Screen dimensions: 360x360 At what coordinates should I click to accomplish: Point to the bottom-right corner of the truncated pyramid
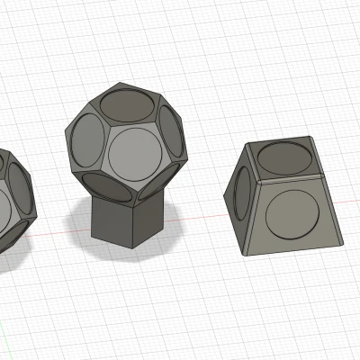coord(343,242)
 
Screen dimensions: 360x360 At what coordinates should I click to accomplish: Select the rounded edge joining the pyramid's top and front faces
coord(288,180)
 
